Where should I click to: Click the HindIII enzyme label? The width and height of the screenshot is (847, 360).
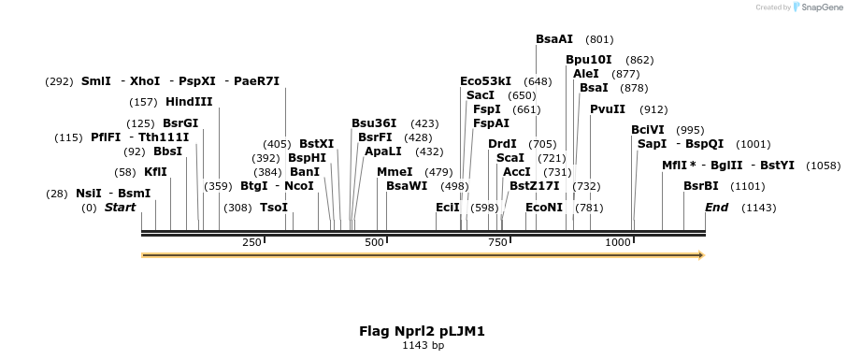click(x=189, y=102)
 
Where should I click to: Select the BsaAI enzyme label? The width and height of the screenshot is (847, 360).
click(x=554, y=39)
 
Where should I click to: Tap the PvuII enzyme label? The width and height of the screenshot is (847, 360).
click(x=608, y=108)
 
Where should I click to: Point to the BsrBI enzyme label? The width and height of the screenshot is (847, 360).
click(x=700, y=186)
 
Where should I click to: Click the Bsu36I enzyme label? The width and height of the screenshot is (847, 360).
click(x=374, y=122)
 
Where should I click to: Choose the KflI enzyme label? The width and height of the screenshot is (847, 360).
click(x=155, y=172)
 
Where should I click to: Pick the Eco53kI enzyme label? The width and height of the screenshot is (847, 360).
click(x=485, y=81)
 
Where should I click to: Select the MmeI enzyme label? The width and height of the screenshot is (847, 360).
click(x=395, y=172)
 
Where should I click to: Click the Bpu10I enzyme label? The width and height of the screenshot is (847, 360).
click(x=589, y=60)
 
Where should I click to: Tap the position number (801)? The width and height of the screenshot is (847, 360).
click(x=599, y=39)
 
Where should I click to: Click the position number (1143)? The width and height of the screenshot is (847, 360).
click(x=758, y=208)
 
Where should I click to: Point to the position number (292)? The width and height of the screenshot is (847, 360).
click(x=59, y=81)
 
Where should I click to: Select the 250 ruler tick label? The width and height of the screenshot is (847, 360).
click(x=251, y=243)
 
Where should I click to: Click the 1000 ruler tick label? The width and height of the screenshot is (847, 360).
click(x=619, y=243)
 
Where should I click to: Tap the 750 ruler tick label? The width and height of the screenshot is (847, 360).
click(x=496, y=243)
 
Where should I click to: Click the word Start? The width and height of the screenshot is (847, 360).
click(x=121, y=208)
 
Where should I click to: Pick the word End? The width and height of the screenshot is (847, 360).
click(x=717, y=208)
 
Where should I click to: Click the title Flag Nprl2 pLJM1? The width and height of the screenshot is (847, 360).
click(x=423, y=331)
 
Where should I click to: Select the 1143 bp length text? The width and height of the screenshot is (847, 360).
click(x=423, y=346)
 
